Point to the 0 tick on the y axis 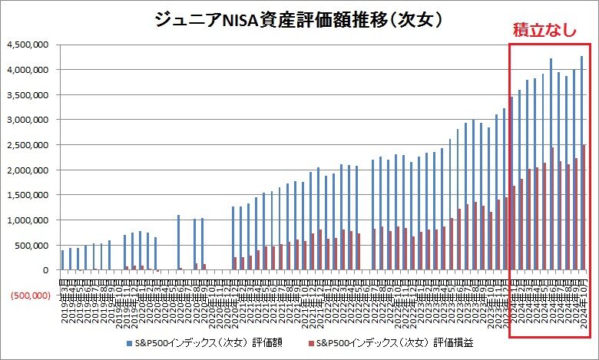(46, 270)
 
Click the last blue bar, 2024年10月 (581, 163)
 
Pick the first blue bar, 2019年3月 (62, 260)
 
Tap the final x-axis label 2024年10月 (584, 305)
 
